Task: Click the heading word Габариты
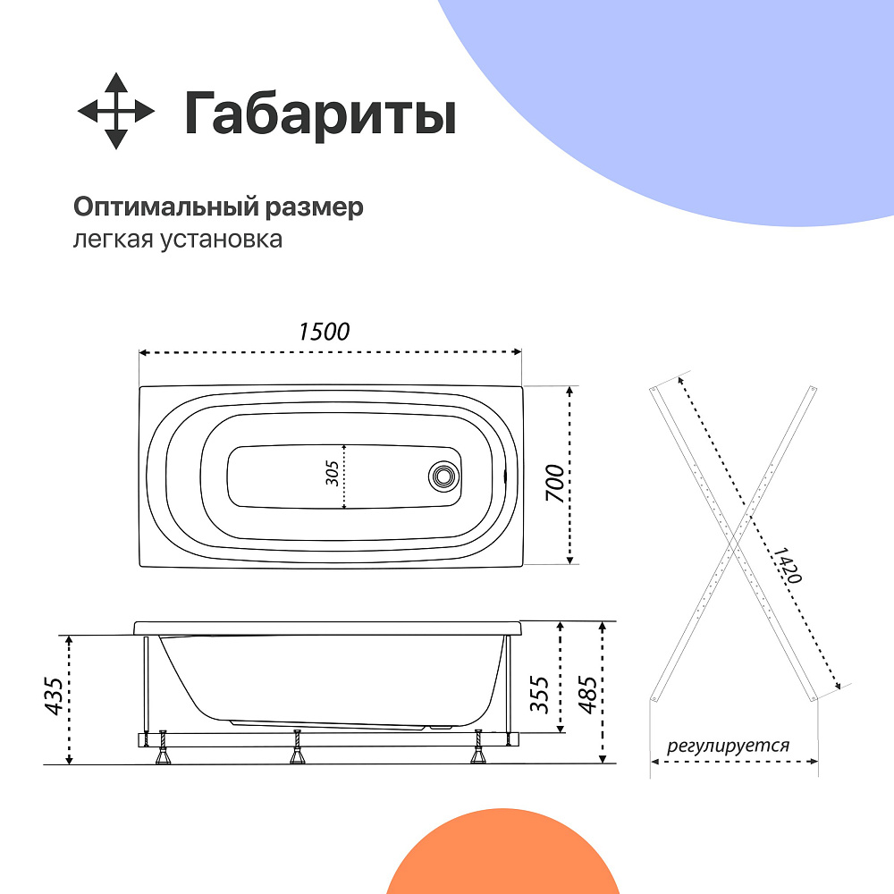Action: click(320, 114)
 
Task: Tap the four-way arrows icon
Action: click(116, 111)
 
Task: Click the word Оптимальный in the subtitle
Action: click(166, 207)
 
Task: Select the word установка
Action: click(221, 240)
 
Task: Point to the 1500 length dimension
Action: click(324, 332)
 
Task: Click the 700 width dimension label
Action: click(555, 484)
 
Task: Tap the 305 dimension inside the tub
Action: click(332, 473)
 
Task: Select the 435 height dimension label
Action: click(55, 696)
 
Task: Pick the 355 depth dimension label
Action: click(539, 695)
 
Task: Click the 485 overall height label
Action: click(588, 695)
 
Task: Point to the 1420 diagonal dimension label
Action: click(788, 565)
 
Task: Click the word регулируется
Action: click(728, 746)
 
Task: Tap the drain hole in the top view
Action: click(443, 477)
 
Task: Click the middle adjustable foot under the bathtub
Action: click(297, 746)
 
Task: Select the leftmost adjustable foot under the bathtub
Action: click(164, 746)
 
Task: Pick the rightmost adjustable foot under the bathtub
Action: click(478, 746)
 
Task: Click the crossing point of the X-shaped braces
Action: click(734, 543)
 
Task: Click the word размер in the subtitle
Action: click(314, 208)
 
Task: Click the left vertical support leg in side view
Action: click(146, 684)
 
